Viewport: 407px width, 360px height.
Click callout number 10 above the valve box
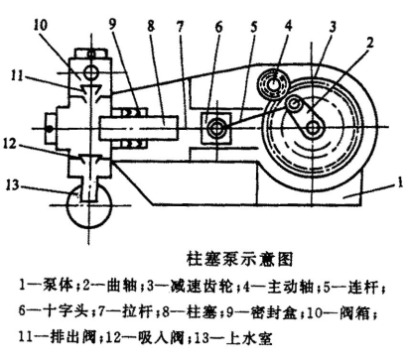(41, 25)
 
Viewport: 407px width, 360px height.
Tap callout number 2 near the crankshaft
(369, 43)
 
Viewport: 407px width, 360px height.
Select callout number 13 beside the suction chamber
(12, 184)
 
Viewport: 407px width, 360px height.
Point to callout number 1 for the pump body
(400, 180)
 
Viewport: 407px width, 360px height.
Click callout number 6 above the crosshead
(218, 28)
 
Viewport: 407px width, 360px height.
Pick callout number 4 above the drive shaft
(289, 26)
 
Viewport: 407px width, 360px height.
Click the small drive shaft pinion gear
(274, 83)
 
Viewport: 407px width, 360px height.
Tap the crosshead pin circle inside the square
(216, 128)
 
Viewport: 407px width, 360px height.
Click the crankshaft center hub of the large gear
(312, 127)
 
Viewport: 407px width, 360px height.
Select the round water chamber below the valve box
(89, 205)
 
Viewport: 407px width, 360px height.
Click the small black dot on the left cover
(49, 129)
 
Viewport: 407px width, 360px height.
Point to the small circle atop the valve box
(90, 71)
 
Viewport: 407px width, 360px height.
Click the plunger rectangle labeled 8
(138, 128)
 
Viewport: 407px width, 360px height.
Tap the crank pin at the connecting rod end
(293, 103)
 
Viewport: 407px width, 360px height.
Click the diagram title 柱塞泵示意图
(241, 259)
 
